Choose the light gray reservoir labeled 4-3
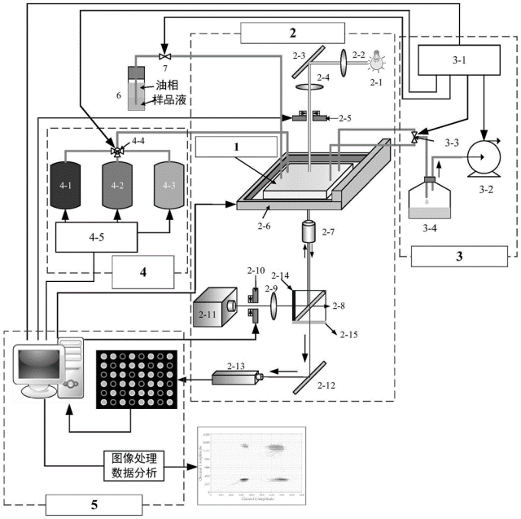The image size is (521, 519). (x=169, y=187)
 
